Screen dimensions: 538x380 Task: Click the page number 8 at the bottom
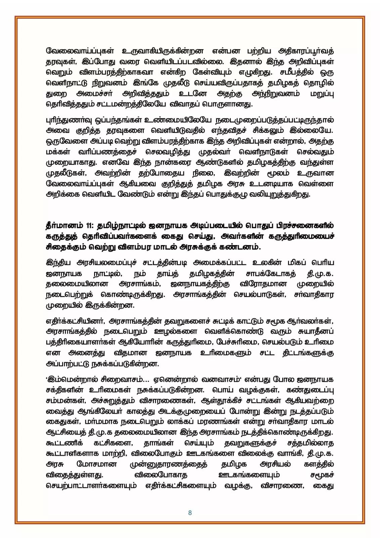pos(190,513)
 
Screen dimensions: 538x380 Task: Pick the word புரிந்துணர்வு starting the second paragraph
pos(67,120)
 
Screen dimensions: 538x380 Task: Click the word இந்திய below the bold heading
pos(58,263)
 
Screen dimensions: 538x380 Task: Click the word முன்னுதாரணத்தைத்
pos(168,464)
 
